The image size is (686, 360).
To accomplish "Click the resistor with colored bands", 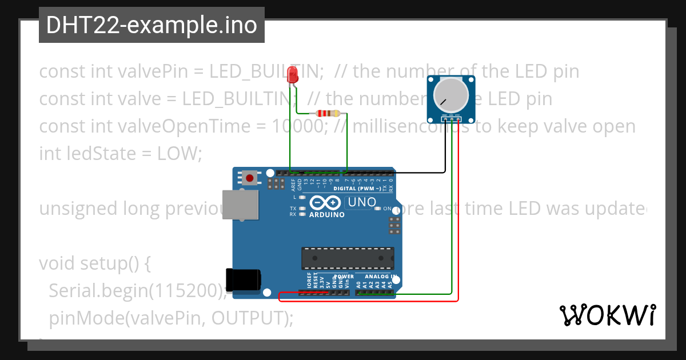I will tap(328, 113).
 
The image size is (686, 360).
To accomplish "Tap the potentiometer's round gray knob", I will tap(452, 95).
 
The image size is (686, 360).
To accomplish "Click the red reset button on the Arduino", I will tap(249, 178).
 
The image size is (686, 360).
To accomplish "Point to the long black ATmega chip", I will tap(348, 258).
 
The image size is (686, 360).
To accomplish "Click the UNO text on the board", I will tap(362, 202).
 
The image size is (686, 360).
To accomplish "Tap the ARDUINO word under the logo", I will tap(326, 215).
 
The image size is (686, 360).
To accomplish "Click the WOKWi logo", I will tap(607, 315).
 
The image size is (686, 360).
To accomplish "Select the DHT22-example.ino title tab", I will tap(151, 25).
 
